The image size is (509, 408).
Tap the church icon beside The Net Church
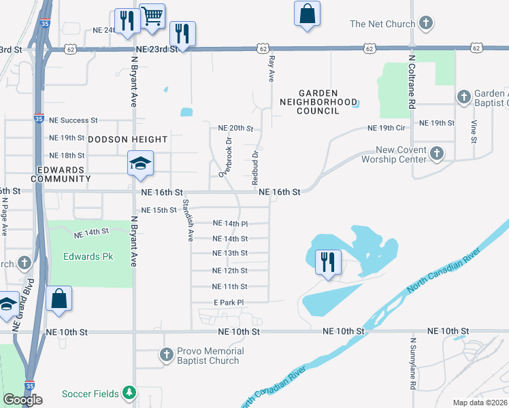(426, 24)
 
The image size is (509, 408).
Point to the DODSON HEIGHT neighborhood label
(127, 139)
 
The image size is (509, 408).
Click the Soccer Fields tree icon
(129, 393)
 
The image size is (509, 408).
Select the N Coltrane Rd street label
(412, 82)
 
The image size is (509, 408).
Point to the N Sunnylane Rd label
(412, 363)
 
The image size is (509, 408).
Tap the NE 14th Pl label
(230, 223)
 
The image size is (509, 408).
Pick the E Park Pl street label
(229, 302)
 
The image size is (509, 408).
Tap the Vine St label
(474, 131)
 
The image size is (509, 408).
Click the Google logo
(22, 400)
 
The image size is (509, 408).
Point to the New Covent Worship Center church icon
(436, 154)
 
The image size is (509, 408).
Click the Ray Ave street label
(271, 69)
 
